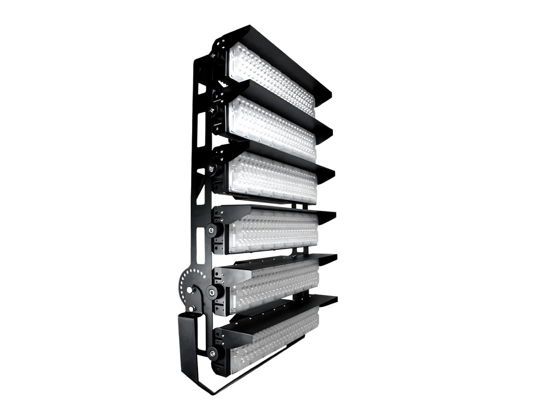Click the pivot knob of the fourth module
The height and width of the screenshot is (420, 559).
point(212,230)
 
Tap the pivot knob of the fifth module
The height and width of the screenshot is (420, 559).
point(212,291)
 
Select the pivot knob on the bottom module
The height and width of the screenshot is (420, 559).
point(212,354)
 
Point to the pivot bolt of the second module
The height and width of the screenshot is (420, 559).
point(212,111)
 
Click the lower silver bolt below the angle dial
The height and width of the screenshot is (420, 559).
point(192,308)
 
